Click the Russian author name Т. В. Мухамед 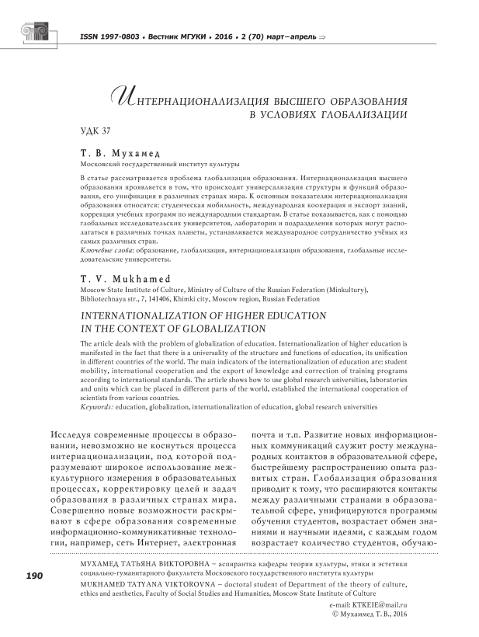point(118,153)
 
